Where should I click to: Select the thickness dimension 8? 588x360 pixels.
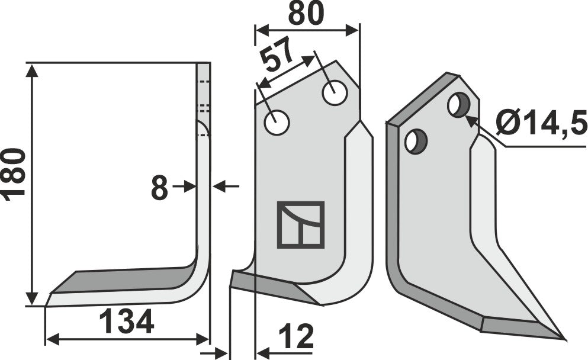[x=159, y=189]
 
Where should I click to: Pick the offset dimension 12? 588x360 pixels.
[x=294, y=337]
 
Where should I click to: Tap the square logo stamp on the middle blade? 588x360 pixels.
[x=301, y=224]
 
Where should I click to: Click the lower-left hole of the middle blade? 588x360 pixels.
[x=277, y=123]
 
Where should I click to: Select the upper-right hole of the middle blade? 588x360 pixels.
[x=335, y=94]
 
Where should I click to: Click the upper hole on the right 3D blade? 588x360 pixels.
[x=458, y=105]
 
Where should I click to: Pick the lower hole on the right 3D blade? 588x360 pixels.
[x=415, y=142]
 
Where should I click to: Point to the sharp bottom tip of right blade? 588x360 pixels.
[x=563, y=339]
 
